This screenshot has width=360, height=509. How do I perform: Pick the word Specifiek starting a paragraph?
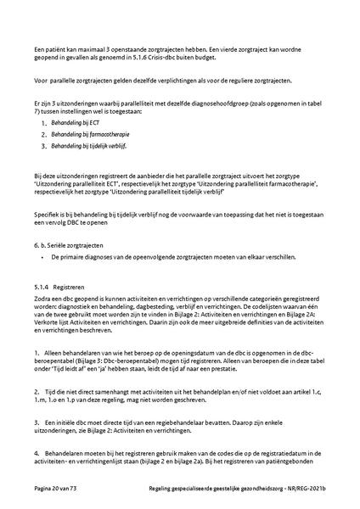(x=39, y=215)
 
